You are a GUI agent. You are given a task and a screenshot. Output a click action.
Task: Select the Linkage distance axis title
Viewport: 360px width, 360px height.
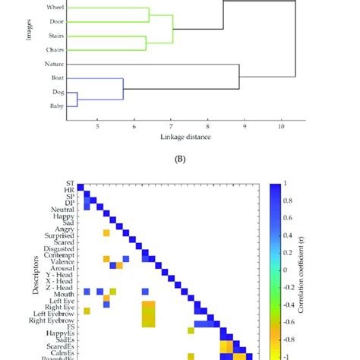(185, 137)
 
